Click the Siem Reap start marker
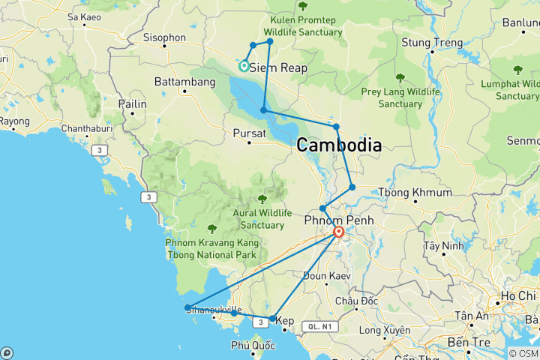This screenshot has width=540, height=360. click(x=244, y=66)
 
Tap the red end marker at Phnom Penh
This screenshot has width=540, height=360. click(x=339, y=232)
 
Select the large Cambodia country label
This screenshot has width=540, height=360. click(x=339, y=145)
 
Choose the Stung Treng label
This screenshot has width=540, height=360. click(x=432, y=43)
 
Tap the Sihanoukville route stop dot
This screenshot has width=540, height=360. click(x=187, y=307)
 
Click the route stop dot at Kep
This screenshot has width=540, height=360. click(x=272, y=319)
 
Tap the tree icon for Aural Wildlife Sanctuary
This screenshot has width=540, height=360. click(x=262, y=199)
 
